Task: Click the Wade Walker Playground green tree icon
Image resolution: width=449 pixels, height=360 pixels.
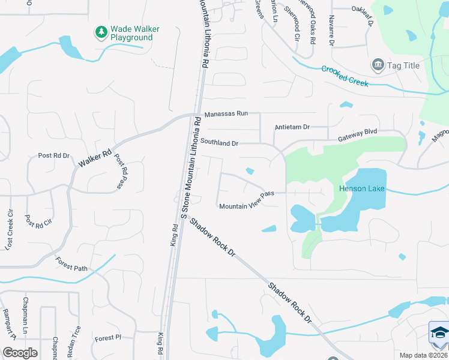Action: [x=101, y=31]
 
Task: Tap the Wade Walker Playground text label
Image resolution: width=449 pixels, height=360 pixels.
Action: [x=131, y=32]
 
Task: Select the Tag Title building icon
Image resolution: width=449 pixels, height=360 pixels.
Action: [x=378, y=65]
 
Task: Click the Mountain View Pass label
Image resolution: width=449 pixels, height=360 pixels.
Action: [x=246, y=200]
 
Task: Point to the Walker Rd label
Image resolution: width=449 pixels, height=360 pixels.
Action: [x=95, y=158]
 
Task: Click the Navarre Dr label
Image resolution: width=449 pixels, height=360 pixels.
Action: [x=331, y=31]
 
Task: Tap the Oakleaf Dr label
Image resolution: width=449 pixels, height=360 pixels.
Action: [x=363, y=15]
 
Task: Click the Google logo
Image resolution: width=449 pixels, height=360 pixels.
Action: [x=19, y=353]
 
